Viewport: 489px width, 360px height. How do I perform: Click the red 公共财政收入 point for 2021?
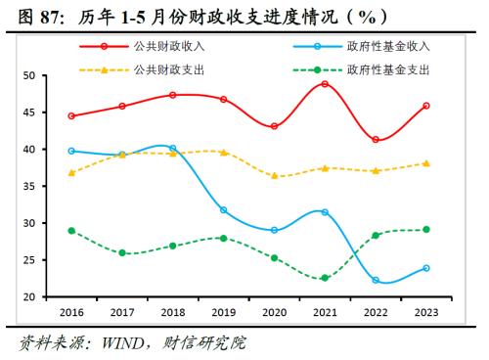pyautogui.click(x=325, y=84)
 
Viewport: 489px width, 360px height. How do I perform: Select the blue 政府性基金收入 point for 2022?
pyautogui.click(x=376, y=281)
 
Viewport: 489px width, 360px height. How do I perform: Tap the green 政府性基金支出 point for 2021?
pyautogui.click(x=325, y=278)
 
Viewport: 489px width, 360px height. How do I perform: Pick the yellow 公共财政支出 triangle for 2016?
pyautogui.click(x=71, y=172)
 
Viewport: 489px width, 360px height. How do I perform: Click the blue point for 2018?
pyautogui.click(x=173, y=149)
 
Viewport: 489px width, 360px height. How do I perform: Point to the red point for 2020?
pyautogui.click(x=274, y=126)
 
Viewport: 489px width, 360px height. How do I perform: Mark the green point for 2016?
pyautogui.click(x=71, y=231)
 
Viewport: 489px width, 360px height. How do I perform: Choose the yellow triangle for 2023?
pyautogui.click(x=426, y=163)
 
